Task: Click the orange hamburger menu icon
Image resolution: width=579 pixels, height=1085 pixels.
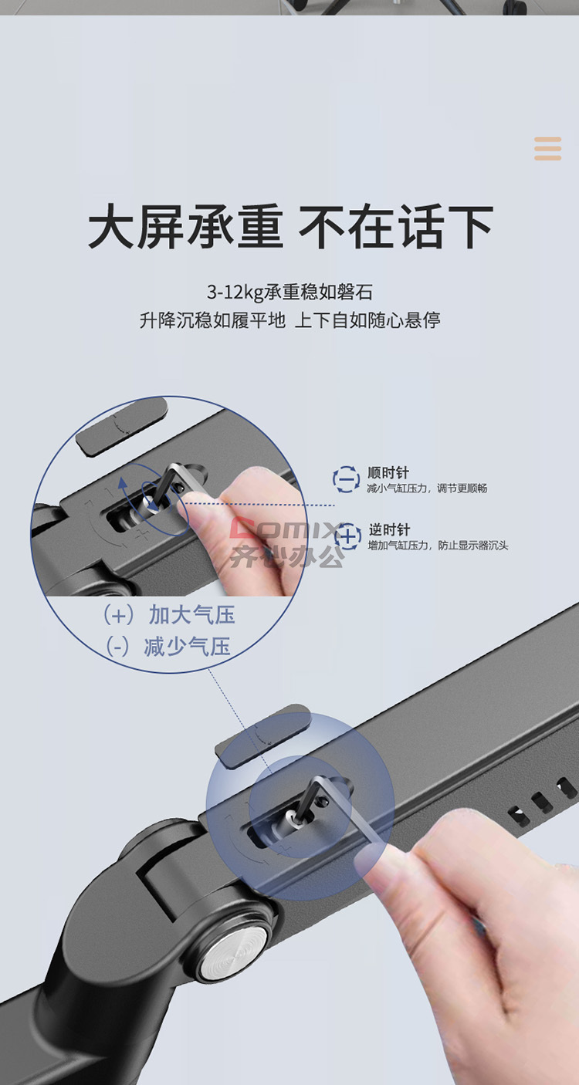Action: tap(547, 148)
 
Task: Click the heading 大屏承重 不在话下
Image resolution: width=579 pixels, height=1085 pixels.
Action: tap(290, 226)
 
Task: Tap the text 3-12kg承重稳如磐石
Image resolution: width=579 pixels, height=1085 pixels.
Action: tap(289, 292)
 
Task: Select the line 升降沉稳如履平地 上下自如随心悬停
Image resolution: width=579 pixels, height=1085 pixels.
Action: tap(289, 320)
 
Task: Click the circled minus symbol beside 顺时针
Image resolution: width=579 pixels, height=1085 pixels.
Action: tap(346, 479)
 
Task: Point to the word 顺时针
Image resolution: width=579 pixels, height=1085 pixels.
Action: tap(388, 473)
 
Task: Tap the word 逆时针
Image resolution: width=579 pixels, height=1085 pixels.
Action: tap(389, 529)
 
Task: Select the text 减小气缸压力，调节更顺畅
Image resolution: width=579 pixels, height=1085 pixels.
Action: tap(427, 488)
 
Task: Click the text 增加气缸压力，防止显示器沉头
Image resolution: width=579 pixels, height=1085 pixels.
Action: tap(438, 546)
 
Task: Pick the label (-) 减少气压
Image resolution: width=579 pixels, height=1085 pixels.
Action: tap(168, 647)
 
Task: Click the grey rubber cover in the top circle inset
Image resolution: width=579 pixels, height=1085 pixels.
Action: tap(122, 426)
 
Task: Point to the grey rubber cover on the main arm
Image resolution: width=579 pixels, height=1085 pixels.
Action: tap(262, 735)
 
